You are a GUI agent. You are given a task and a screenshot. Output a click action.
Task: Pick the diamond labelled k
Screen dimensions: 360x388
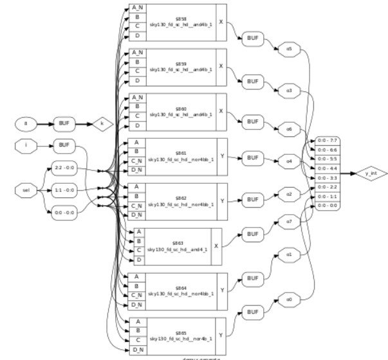pyautogui.click(x=101, y=122)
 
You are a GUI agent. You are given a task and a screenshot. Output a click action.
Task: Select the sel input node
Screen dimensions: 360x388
pyautogui.click(x=26, y=190)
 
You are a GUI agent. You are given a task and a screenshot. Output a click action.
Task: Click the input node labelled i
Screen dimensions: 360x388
pyautogui.click(x=26, y=145)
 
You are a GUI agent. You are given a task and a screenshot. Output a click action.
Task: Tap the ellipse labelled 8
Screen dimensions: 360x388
pyautogui.click(x=26, y=122)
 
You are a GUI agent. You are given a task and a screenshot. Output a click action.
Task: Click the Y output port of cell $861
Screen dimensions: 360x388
pyautogui.click(x=222, y=157)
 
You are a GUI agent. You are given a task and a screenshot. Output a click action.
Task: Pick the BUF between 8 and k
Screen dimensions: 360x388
pyautogui.click(x=63, y=122)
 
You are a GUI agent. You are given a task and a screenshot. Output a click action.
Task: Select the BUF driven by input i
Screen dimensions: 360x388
pyautogui.click(x=63, y=145)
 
